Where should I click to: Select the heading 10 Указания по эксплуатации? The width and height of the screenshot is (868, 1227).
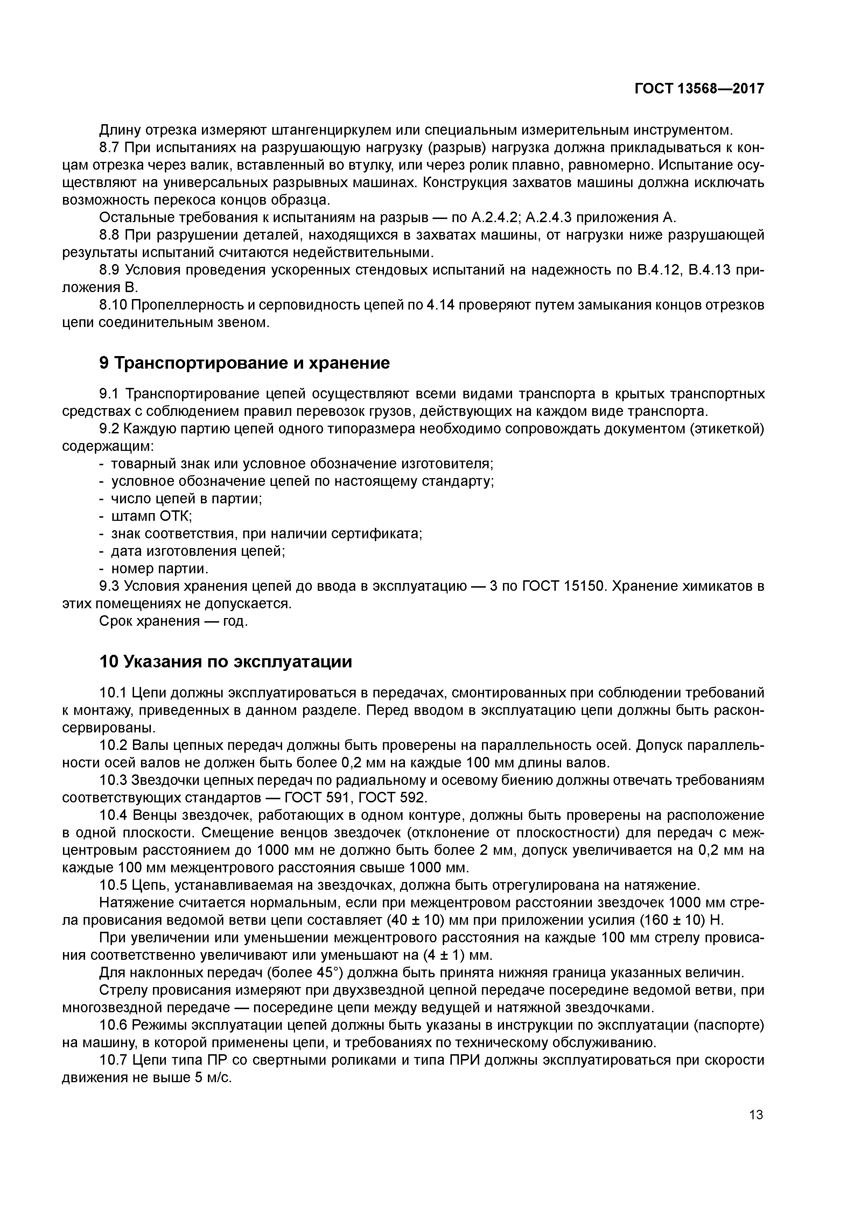tap(226, 662)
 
